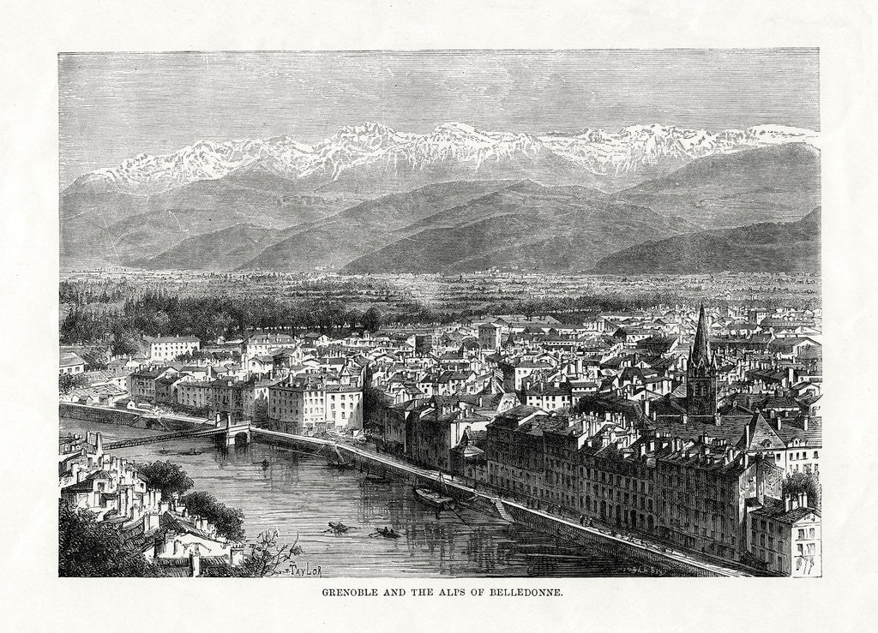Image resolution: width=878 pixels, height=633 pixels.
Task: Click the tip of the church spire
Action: click(701, 306)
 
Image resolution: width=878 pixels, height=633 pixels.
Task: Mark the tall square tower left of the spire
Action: click(490, 336)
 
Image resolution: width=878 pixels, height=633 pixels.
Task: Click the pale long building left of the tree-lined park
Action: click(171, 346)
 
